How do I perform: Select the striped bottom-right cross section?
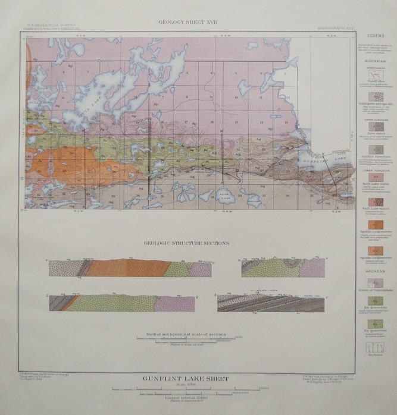(x=271, y=303)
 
